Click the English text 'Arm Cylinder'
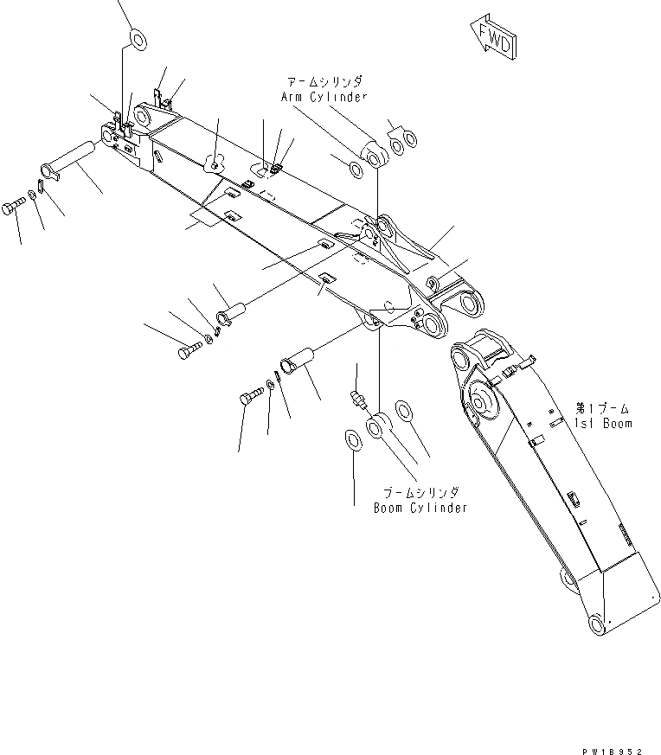click(324, 96)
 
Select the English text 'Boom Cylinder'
click(420, 508)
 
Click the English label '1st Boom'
click(603, 423)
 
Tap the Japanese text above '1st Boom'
click(603, 407)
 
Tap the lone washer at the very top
click(137, 39)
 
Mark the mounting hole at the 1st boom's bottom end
click(594, 624)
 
